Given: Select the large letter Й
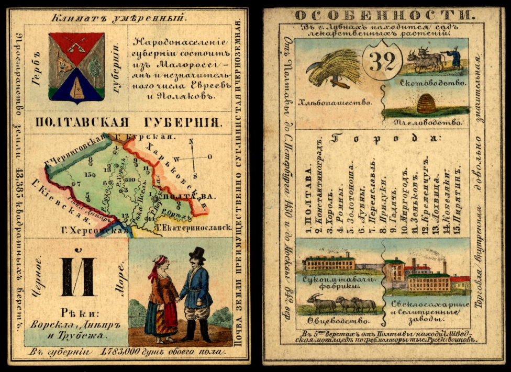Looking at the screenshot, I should pos(77,276).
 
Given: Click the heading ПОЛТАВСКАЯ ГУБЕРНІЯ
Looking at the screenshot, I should pos(128,123).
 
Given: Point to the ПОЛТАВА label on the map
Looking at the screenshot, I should pos(183,196).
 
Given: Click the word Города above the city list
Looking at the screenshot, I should pos(385,139).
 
